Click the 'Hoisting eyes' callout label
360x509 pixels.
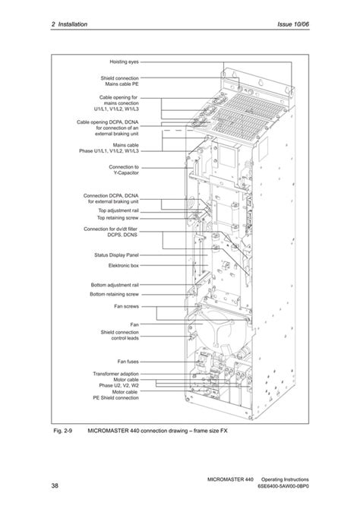(x=124, y=62)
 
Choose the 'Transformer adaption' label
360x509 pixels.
(x=115, y=374)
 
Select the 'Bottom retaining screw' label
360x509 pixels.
(x=114, y=293)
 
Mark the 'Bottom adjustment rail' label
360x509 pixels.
(x=113, y=285)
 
